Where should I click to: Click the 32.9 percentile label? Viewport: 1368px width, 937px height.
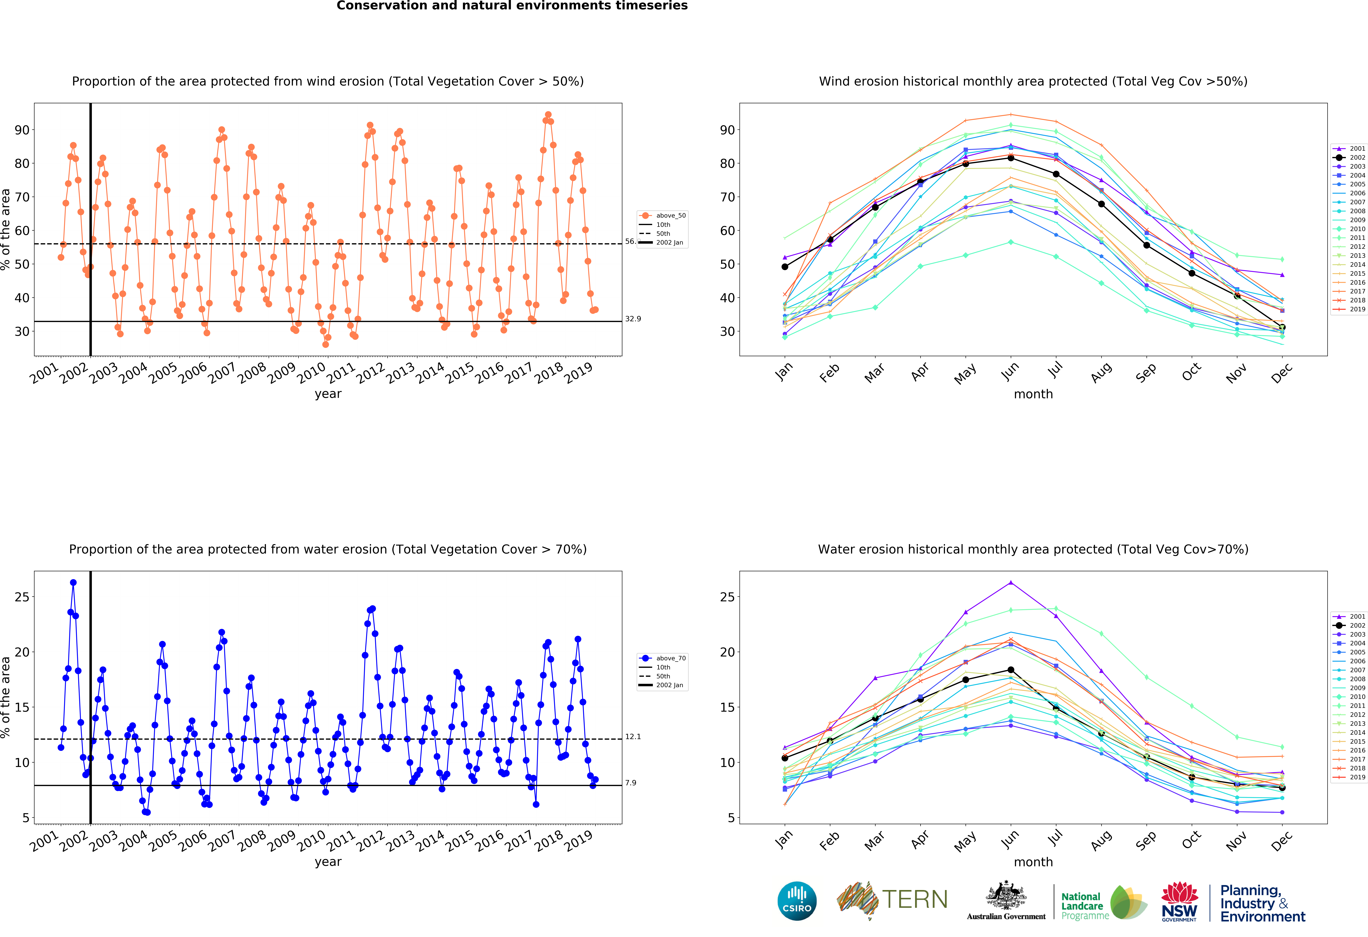click(633, 319)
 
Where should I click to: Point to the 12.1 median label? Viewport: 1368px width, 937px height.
click(633, 736)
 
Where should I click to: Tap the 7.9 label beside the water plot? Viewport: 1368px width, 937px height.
click(630, 783)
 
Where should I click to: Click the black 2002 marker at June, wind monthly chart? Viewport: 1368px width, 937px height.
click(1011, 158)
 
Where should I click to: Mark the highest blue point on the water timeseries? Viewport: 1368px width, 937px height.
click(73, 582)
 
